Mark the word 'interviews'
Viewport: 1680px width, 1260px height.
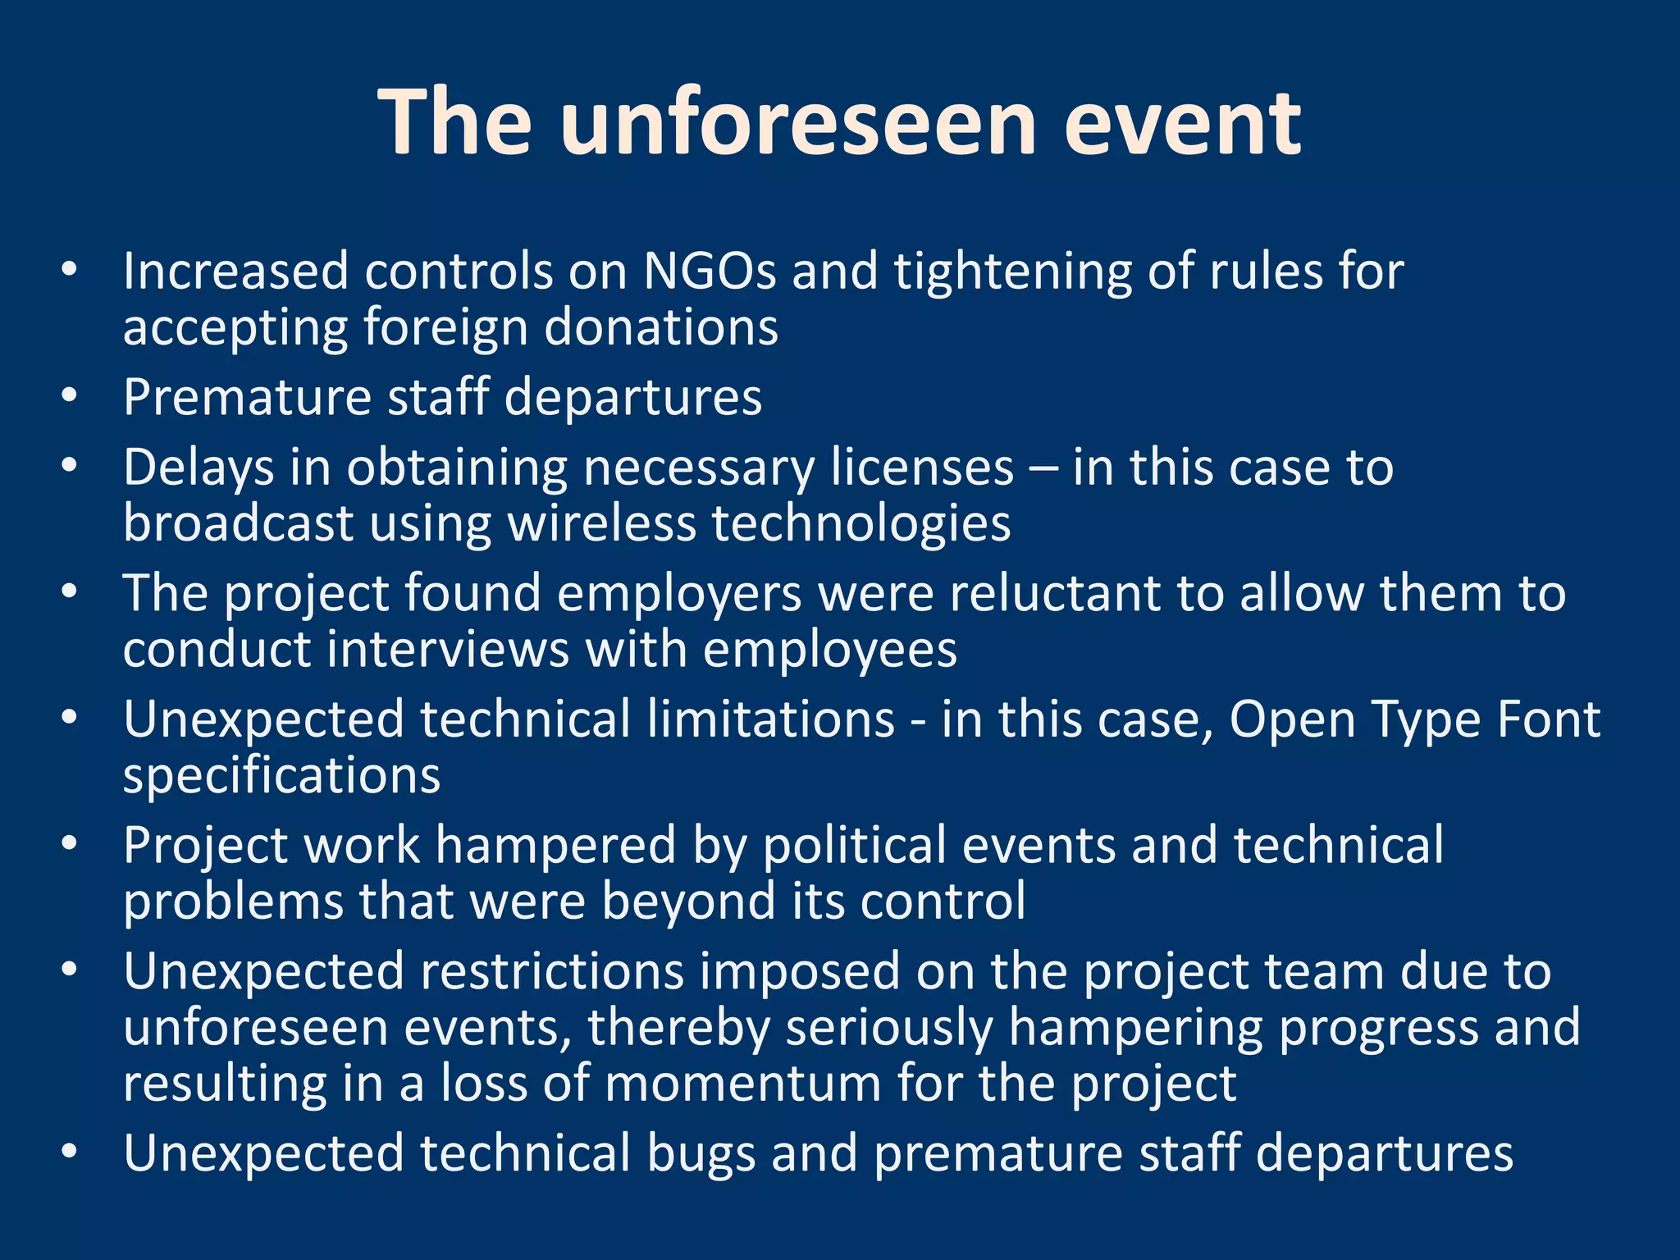448,650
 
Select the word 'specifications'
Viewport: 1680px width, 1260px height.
281,776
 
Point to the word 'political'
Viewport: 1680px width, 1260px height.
853,846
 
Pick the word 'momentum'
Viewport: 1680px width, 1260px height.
742,1084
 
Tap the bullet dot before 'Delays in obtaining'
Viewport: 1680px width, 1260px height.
69,465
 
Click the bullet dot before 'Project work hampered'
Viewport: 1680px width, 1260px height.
69,843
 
